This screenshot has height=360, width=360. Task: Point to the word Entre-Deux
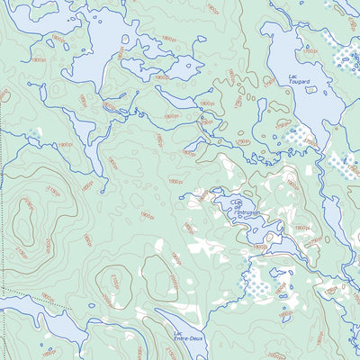click(x=184, y=341)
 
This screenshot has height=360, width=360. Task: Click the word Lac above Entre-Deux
click(x=179, y=335)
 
